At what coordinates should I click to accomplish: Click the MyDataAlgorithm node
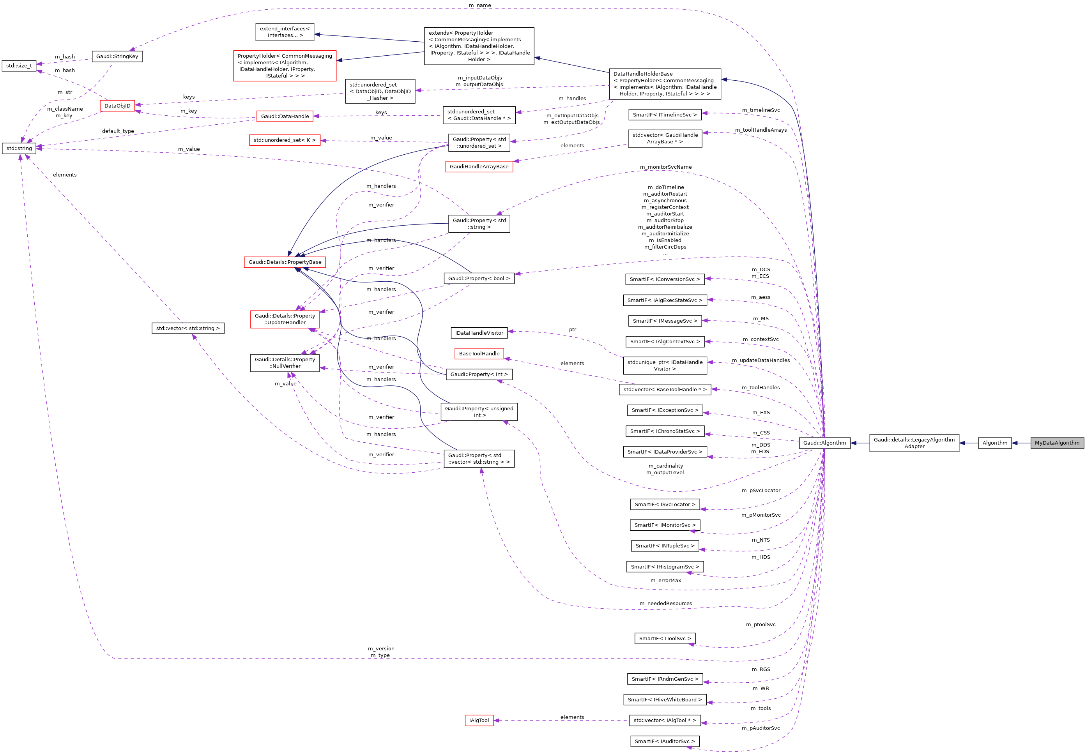coord(1057,443)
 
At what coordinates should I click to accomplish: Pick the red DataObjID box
coord(117,106)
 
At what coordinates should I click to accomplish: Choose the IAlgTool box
coord(479,720)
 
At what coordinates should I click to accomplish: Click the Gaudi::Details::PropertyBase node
coord(285,262)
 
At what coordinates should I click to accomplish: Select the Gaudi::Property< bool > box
coord(479,278)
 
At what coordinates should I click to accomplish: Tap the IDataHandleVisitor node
coord(479,333)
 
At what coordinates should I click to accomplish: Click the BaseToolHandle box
coord(479,353)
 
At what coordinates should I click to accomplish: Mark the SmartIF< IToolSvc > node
coord(665,638)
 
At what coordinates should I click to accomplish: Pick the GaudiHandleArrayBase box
coord(479,167)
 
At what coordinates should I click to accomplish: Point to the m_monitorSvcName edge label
coord(665,167)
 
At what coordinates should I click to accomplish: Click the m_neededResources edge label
coord(665,603)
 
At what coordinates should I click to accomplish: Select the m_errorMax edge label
coord(665,580)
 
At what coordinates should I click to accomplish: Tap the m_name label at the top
coord(480,5)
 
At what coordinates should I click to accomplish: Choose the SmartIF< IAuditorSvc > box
coord(665,741)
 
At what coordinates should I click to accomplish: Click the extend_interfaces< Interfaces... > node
coord(285,32)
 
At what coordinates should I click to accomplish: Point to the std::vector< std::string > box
coord(187,328)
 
